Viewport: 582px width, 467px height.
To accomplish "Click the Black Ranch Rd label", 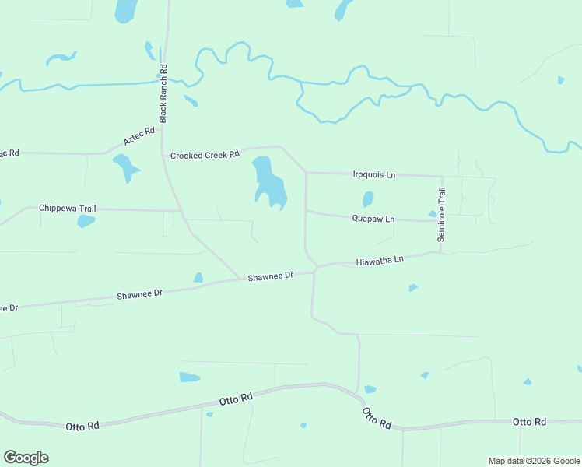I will [x=163, y=93].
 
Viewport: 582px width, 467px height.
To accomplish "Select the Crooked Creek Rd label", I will [x=205, y=155].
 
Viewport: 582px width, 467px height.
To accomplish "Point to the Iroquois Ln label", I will [x=374, y=175].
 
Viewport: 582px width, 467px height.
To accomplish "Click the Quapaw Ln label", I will [x=373, y=219].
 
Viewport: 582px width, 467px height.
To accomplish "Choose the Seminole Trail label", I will [x=441, y=214].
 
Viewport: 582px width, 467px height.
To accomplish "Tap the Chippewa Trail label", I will [x=68, y=209].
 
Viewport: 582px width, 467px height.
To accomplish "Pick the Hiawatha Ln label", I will [x=380, y=262].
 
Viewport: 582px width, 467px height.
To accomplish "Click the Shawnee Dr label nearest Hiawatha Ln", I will [x=270, y=276].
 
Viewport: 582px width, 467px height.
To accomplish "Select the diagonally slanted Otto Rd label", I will [x=377, y=418].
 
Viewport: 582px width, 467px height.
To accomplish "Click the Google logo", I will [x=26, y=458].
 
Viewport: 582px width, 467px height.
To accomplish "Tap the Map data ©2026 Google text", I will [x=535, y=461].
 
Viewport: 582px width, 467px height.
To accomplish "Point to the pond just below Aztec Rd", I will [x=124, y=167].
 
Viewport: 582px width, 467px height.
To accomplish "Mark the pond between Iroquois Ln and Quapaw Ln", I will [x=368, y=199].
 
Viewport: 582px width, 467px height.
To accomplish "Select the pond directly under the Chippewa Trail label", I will [x=86, y=221].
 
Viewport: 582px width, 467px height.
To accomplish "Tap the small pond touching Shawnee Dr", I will [x=198, y=278].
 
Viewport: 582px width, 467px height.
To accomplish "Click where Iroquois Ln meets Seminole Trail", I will [x=442, y=176].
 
